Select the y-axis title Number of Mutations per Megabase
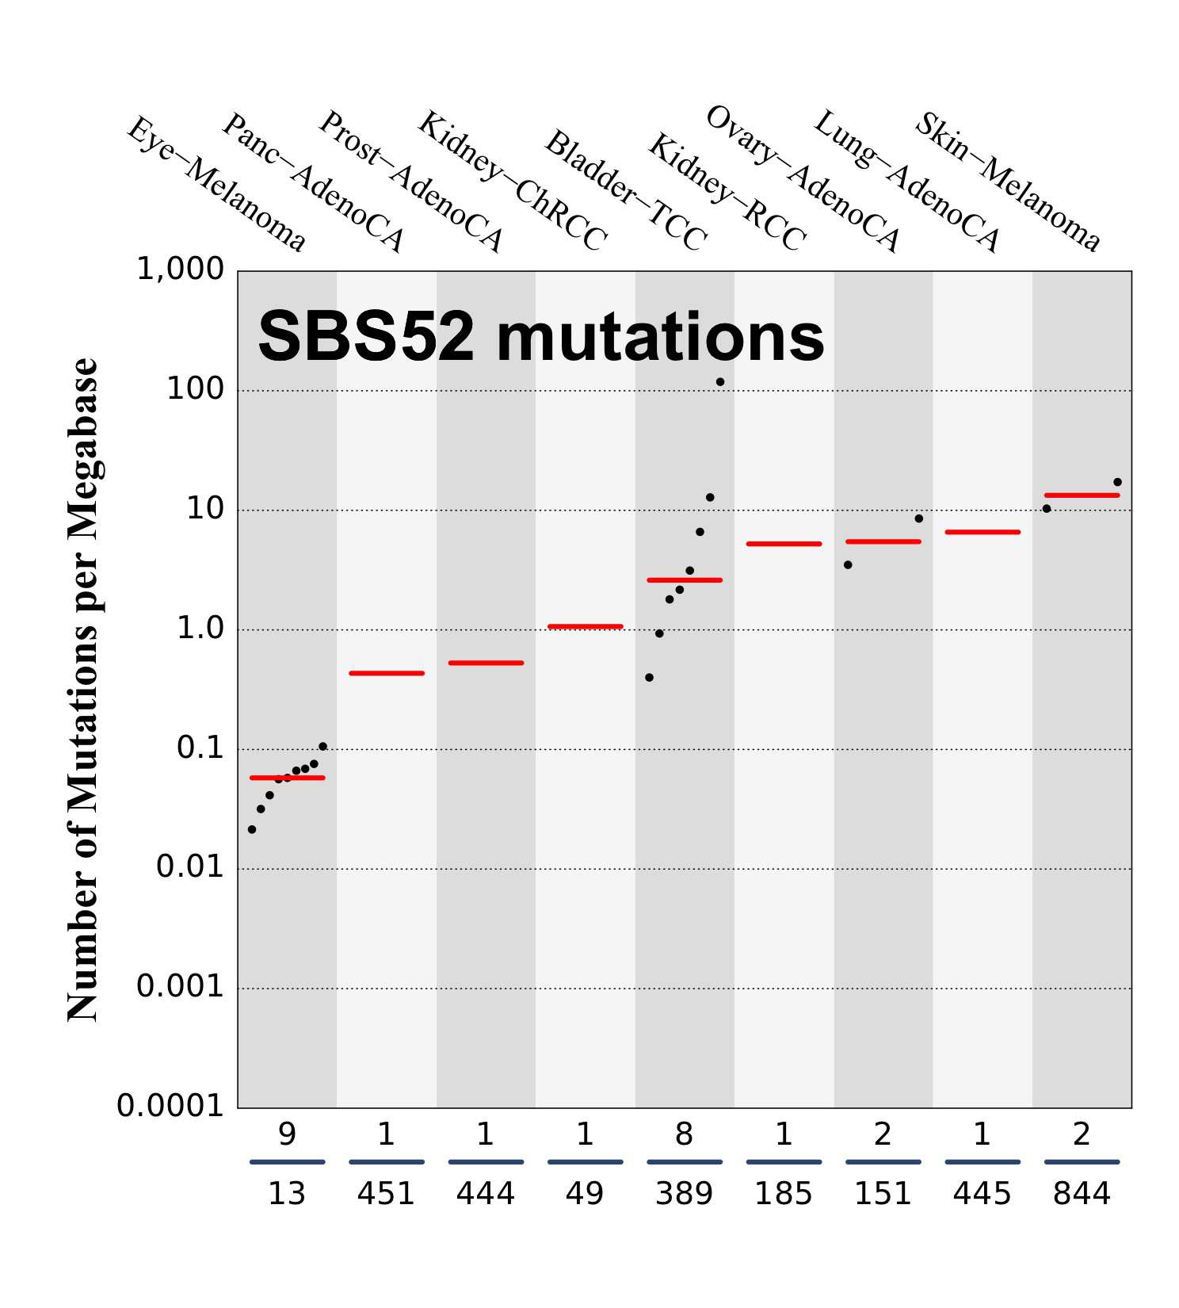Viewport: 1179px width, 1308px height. point(82,690)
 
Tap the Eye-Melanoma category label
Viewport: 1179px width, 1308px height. point(216,184)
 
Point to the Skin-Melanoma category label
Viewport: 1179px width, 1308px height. point(1007,182)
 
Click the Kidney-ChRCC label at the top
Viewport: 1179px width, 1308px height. point(512,181)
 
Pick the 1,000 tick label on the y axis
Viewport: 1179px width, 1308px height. point(181,270)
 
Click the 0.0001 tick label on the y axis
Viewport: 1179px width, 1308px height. point(170,1105)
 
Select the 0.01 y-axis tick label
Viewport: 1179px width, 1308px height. point(190,866)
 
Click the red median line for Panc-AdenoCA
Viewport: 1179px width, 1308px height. point(387,673)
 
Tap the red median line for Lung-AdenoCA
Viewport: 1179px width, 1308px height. point(982,532)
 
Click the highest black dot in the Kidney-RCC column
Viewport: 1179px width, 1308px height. point(719,382)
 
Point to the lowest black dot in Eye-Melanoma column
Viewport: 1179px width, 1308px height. point(252,829)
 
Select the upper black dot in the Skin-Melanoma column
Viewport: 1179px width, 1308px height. point(1117,482)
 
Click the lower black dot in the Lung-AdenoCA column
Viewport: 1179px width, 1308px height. point(848,565)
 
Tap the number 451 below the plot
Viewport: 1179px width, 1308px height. point(386,1193)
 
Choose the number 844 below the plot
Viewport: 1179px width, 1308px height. point(1082,1193)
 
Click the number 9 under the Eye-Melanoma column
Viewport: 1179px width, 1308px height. point(287,1134)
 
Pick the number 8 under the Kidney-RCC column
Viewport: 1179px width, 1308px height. point(684,1134)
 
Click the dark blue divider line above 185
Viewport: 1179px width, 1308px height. point(784,1162)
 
